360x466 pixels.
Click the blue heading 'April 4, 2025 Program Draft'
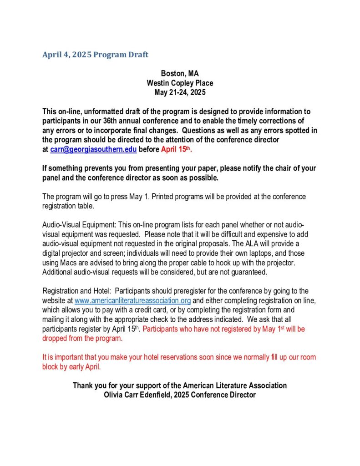tap(95, 55)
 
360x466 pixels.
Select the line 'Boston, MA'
tap(180, 73)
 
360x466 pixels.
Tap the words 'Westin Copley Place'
tap(180, 83)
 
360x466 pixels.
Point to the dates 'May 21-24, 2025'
tap(180, 92)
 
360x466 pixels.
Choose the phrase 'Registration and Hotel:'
tap(78, 291)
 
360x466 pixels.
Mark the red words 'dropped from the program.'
tap(82, 338)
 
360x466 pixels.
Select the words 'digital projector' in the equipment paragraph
tap(67, 253)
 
